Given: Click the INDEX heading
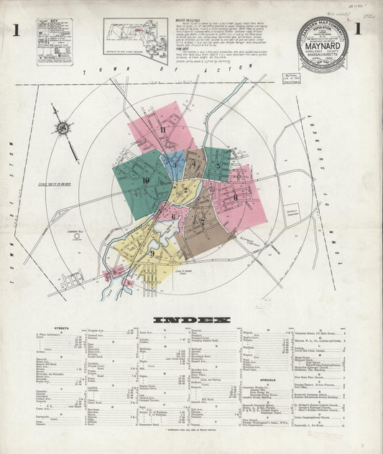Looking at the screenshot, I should [191, 320].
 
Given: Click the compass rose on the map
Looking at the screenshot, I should [63, 129].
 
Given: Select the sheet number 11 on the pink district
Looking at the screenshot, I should [164, 129].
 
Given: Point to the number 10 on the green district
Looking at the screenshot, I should [146, 180].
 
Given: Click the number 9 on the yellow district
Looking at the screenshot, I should [152, 252].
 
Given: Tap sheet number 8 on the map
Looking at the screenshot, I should [235, 195].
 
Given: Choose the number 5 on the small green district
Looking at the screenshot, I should [218, 166].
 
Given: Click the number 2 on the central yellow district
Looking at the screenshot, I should [185, 190].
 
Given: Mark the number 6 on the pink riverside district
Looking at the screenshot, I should [172, 216].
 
